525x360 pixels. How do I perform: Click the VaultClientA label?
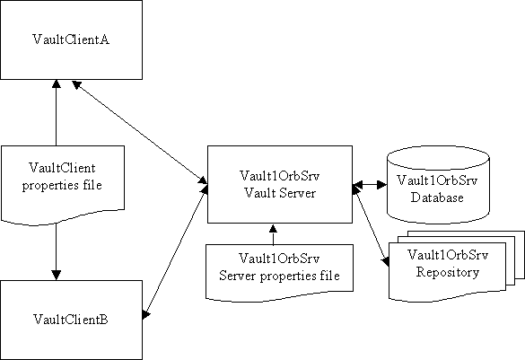coord(71,40)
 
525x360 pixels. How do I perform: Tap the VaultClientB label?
coord(71,320)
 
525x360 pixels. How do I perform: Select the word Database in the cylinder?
coord(437,198)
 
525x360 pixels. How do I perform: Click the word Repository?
coord(447,272)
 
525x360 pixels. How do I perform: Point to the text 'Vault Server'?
coord(280,193)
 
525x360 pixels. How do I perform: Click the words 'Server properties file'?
coord(280,276)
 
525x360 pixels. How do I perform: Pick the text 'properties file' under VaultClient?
coord(62,186)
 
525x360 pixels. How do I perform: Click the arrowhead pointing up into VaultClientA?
coord(57,83)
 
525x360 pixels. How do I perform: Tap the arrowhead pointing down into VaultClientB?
coord(57,276)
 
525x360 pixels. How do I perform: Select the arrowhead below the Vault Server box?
coord(273,228)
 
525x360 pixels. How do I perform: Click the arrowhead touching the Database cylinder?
coord(382,185)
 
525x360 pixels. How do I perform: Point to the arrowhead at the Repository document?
coord(386,262)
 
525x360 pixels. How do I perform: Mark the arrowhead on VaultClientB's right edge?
coord(146,315)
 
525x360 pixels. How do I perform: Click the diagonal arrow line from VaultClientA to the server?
coord(140,132)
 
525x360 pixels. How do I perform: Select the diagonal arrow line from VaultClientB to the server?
coord(175,252)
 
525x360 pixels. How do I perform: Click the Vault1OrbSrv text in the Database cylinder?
coord(437,180)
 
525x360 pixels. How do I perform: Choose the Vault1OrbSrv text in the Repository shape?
coord(448,255)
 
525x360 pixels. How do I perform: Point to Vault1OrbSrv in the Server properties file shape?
coord(279,259)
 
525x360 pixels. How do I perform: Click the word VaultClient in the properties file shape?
coord(62,168)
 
